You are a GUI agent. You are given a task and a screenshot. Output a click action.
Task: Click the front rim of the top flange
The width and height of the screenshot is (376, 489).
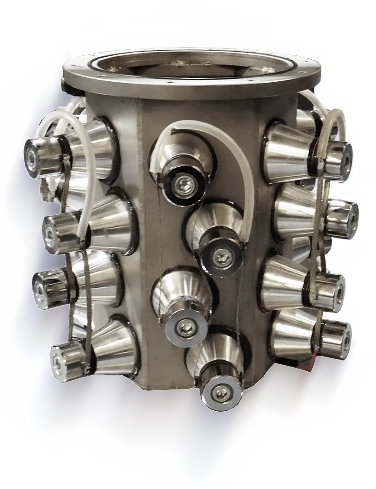click(x=191, y=89)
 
